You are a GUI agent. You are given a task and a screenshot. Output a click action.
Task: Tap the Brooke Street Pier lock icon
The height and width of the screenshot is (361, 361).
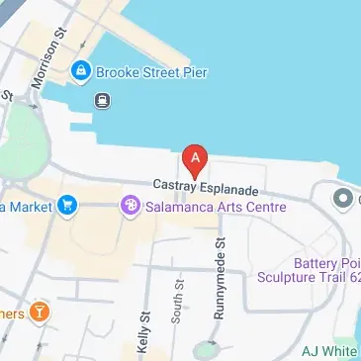pyautogui.click(x=80, y=70)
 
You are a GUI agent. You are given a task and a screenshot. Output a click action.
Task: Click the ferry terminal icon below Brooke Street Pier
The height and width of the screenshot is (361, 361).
pyautogui.click(x=102, y=99)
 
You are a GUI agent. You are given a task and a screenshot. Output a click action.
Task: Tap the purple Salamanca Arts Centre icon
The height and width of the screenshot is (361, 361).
pyautogui.click(x=130, y=207)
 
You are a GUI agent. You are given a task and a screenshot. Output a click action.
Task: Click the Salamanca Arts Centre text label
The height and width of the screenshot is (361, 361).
pyautogui.click(x=215, y=207)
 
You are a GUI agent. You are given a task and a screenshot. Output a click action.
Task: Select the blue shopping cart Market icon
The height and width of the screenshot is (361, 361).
pyautogui.click(x=67, y=206)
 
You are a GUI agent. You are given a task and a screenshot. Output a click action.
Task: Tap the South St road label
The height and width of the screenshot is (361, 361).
pyautogui.click(x=178, y=303)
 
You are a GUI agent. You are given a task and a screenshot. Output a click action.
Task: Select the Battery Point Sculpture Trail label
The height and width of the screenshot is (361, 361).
pyautogui.click(x=322, y=271)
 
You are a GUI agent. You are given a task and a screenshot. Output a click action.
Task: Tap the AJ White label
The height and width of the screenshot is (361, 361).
pyautogui.click(x=329, y=350)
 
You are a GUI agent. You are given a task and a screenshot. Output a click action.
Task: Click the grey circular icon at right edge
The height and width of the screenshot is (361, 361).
pyautogui.click(x=344, y=200)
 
